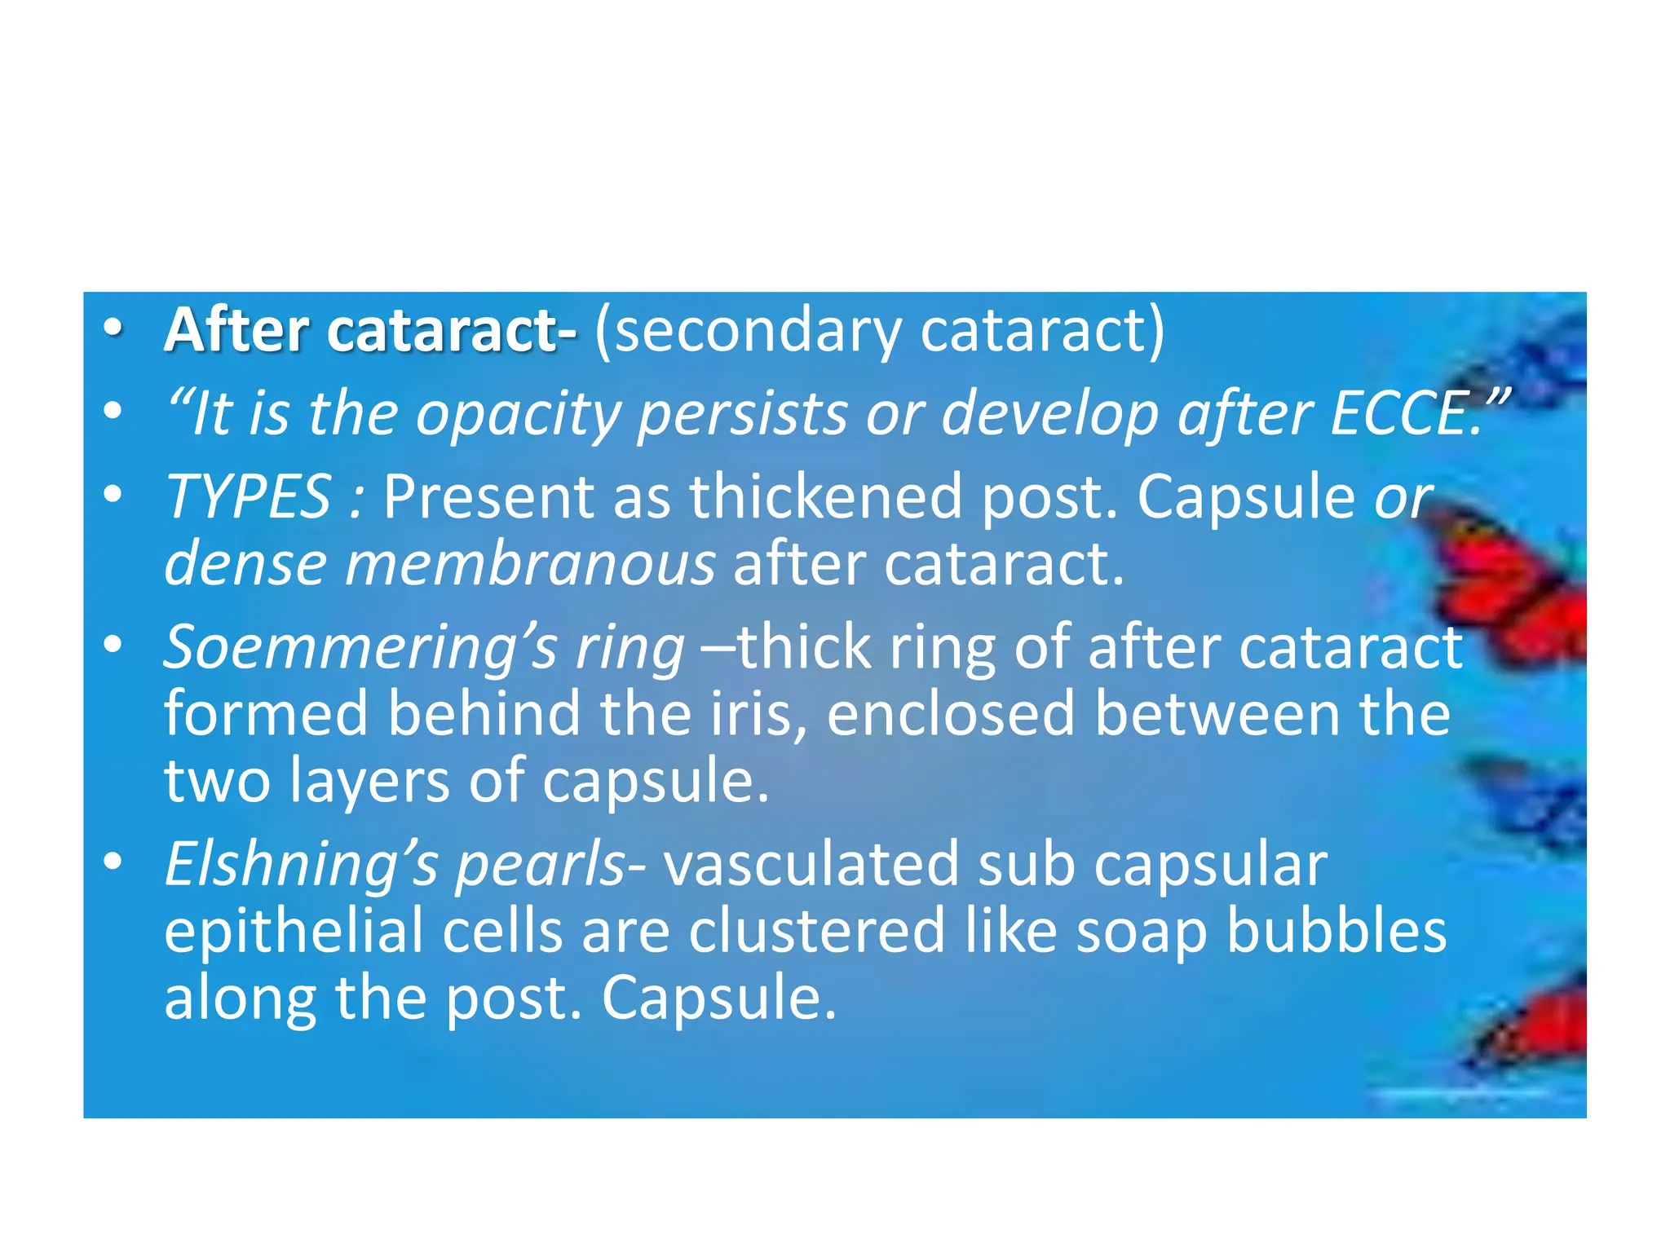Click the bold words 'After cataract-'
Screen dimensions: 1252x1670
pos(371,331)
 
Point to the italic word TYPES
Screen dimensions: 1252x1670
pos(248,496)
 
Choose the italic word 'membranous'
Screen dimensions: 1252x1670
pos(530,564)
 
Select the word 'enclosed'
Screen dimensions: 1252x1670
pos(951,714)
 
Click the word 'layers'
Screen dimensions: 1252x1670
pos(369,782)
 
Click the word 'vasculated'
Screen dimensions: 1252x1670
pos(811,865)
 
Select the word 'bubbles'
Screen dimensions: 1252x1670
pos(1337,932)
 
